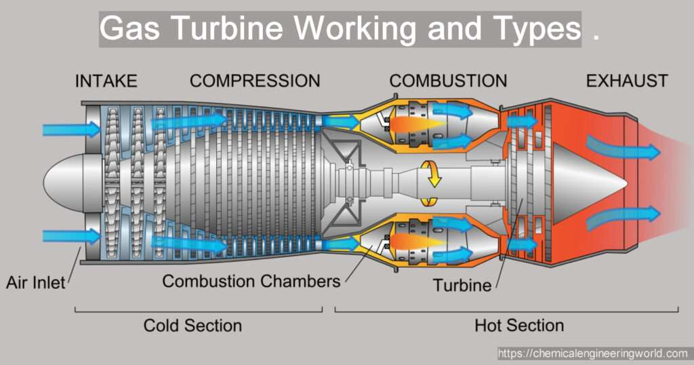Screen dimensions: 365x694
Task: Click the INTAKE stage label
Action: point(106,81)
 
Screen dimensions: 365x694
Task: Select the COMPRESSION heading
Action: point(255,81)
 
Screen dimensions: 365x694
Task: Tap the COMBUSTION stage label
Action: point(448,81)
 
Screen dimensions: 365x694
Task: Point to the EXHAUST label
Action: point(627,81)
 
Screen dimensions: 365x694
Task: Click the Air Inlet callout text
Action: point(36,282)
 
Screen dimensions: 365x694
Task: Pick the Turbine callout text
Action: point(462,285)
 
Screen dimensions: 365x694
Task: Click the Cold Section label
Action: point(192,326)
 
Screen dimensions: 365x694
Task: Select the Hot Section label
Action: point(519,326)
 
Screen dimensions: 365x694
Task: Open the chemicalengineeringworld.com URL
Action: point(594,353)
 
